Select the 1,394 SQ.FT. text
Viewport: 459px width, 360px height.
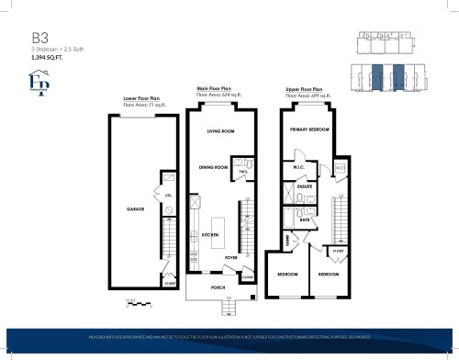coord(48,57)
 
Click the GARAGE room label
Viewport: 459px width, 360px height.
coord(136,209)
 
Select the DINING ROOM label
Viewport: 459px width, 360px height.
coord(213,167)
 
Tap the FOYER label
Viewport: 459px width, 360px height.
coord(232,259)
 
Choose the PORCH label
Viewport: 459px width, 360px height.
coord(218,287)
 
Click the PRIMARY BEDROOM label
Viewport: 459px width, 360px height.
coord(309,130)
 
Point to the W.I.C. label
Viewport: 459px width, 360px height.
coord(299,167)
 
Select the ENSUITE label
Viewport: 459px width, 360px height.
coord(306,186)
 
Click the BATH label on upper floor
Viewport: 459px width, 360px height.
coord(304,220)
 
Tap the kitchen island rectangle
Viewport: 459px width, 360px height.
coord(218,230)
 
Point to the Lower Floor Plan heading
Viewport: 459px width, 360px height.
coord(142,98)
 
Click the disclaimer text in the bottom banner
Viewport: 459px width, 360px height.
coord(229,338)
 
